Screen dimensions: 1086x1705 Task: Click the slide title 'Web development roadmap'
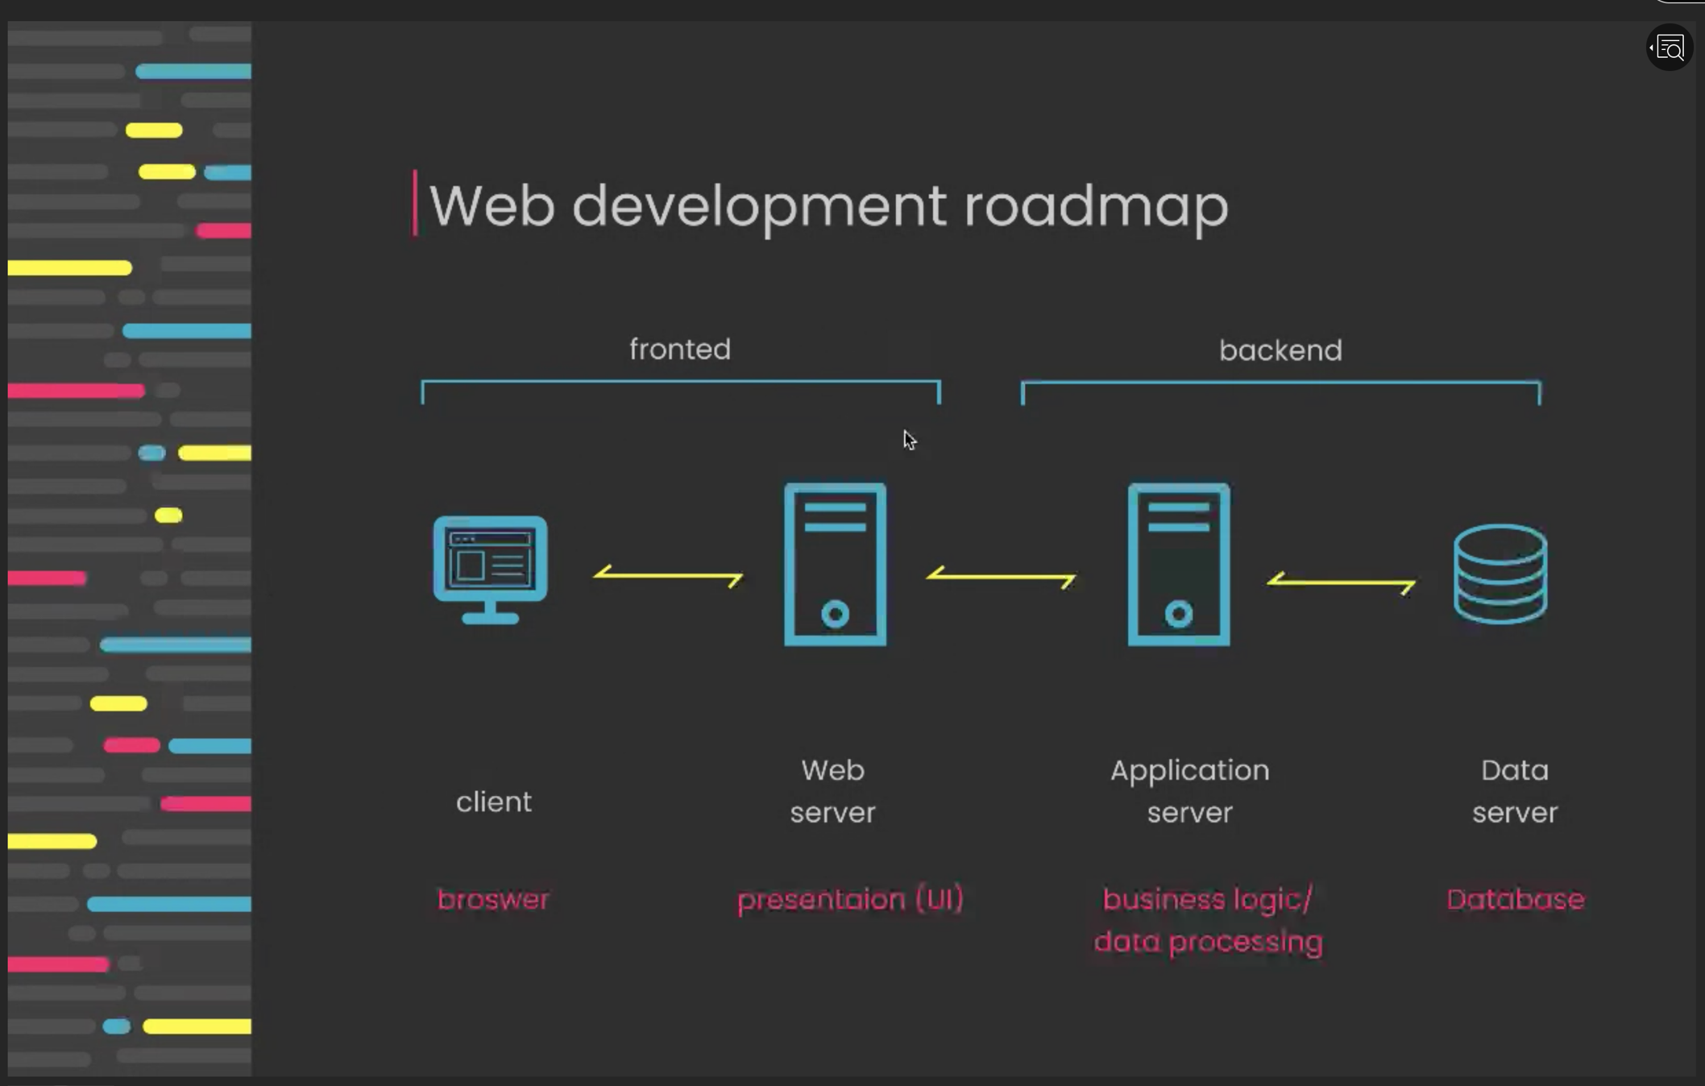(828, 206)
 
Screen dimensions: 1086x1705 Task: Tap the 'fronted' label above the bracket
(680, 350)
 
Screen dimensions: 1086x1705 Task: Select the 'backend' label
(1280, 350)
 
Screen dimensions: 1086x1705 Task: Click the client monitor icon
(490, 568)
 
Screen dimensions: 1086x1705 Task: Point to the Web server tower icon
(835, 564)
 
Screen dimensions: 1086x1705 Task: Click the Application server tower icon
(1178, 564)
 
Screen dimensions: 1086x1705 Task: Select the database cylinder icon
(1500, 574)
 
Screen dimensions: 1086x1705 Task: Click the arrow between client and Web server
(668, 575)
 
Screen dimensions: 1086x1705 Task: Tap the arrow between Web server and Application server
(1001, 577)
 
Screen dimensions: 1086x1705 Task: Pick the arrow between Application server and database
(1341, 582)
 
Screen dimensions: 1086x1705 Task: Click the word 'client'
(493, 802)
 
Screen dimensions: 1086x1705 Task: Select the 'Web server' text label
(832, 791)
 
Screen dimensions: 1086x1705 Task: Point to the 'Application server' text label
(1189, 791)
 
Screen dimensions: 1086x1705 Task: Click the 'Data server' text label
(1515, 791)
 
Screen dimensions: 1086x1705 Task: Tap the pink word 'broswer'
(493, 899)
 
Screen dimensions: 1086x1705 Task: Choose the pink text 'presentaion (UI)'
(850, 899)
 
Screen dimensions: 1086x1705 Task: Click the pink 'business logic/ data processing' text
(1208, 920)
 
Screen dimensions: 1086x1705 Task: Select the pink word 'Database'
(1515, 899)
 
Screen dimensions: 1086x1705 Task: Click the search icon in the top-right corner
(1670, 48)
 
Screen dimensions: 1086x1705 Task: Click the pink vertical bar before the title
(415, 203)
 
